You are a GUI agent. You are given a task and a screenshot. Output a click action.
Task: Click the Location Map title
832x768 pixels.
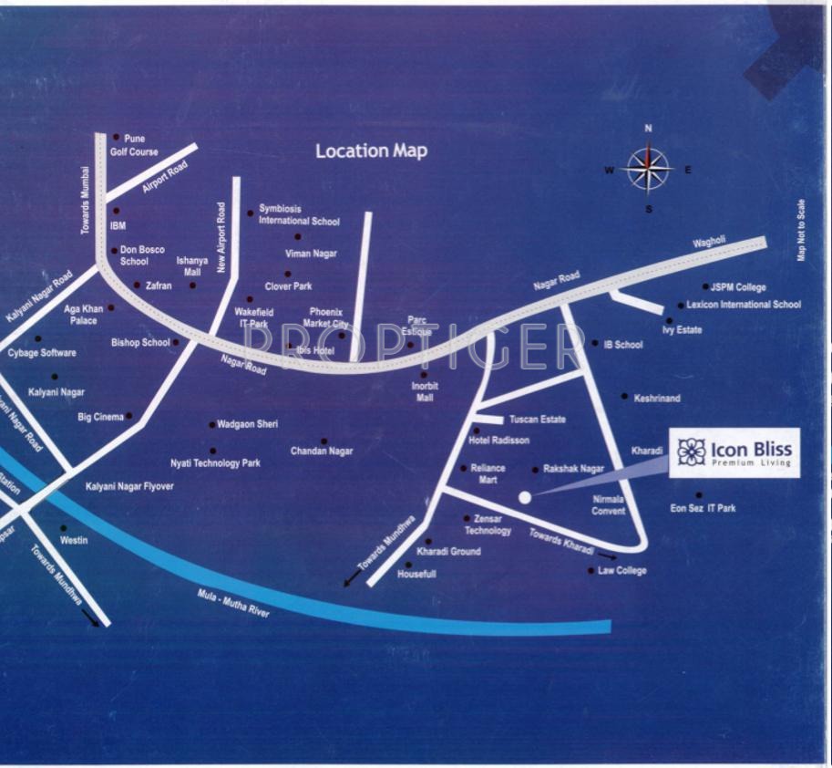click(371, 150)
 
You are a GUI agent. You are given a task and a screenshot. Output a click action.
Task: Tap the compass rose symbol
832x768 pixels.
click(648, 169)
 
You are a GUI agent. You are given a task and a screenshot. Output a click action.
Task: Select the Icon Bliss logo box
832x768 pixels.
click(734, 452)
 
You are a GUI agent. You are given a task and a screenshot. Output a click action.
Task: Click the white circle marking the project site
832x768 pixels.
click(524, 497)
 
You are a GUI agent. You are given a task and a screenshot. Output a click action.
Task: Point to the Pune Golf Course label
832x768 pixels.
click(134, 146)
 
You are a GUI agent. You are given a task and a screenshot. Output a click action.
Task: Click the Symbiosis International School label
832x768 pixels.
click(299, 214)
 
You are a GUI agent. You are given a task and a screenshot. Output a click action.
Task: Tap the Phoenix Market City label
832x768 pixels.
click(325, 317)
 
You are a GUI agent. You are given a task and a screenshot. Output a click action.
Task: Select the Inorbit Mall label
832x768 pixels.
click(425, 391)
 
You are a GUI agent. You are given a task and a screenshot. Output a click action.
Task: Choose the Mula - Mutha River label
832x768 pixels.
click(234, 605)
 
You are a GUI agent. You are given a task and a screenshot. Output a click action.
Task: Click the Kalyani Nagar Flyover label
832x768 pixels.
click(129, 487)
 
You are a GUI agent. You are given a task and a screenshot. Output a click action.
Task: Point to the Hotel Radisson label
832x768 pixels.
click(498, 440)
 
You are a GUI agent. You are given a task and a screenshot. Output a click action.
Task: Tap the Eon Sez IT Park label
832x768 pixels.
click(703, 508)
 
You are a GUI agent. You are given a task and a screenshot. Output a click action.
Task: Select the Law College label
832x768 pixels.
click(622, 571)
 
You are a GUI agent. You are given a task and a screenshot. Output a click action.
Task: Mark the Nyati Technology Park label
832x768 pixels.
click(215, 463)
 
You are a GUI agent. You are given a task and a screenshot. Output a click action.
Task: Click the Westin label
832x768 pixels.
click(74, 540)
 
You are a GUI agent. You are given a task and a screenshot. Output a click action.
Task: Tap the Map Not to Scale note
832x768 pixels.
click(802, 230)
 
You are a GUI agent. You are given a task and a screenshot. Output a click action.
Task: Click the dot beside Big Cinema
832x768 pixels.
click(129, 416)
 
